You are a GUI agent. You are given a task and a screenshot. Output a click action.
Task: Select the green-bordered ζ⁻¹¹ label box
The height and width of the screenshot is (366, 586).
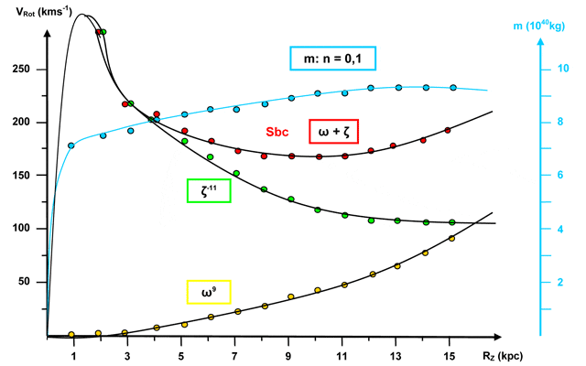click(208, 190)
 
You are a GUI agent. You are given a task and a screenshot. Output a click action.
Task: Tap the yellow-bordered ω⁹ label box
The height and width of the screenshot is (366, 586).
click(209, 293)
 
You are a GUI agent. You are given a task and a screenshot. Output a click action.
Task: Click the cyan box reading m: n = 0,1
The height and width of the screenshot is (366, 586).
click(333, 59)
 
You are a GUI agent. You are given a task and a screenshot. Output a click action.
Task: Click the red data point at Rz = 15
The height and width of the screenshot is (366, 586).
click(448, 130)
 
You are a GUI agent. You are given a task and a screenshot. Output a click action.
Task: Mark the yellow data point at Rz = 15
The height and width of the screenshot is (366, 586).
click(451, 239)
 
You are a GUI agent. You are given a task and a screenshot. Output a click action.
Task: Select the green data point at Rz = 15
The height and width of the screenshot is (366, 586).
click(452, 221)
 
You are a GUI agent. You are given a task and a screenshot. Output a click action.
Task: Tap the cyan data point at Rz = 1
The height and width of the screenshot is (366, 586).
click(71, 145)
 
